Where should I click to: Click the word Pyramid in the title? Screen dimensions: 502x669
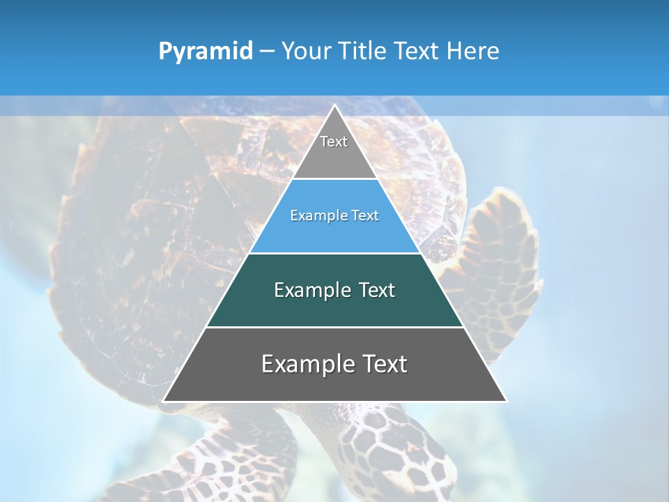[206, 52]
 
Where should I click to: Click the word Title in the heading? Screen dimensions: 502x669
[364, 51]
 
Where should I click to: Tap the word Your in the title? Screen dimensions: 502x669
[305, 51]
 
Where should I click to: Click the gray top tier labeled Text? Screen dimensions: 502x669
[334, 150]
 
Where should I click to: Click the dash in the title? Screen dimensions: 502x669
[267, 52]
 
